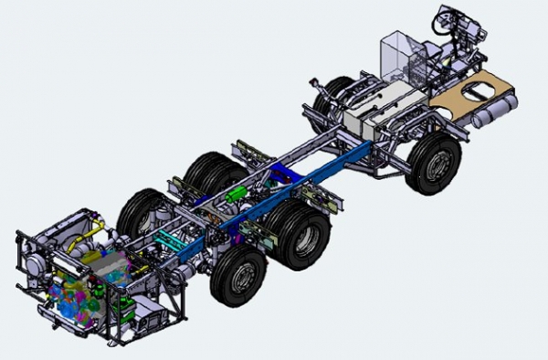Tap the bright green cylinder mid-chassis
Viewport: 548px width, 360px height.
239,194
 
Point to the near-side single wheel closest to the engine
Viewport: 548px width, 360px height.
239,279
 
